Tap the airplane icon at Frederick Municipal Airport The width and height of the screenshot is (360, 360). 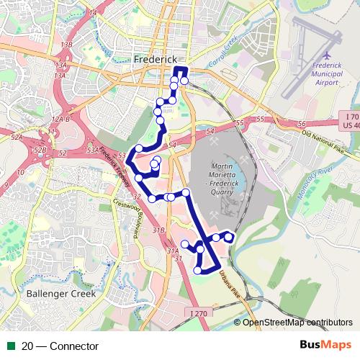click(x=327, y=55)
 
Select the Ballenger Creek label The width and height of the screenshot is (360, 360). click(x=55, y=294)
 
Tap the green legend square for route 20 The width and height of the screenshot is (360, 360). click(x=11, y=346)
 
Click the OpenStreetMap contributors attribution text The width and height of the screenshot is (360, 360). click(x=297, y=323)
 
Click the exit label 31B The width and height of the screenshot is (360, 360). click(x=160, y=229)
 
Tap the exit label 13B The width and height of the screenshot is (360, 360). click(x=67, y=45)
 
